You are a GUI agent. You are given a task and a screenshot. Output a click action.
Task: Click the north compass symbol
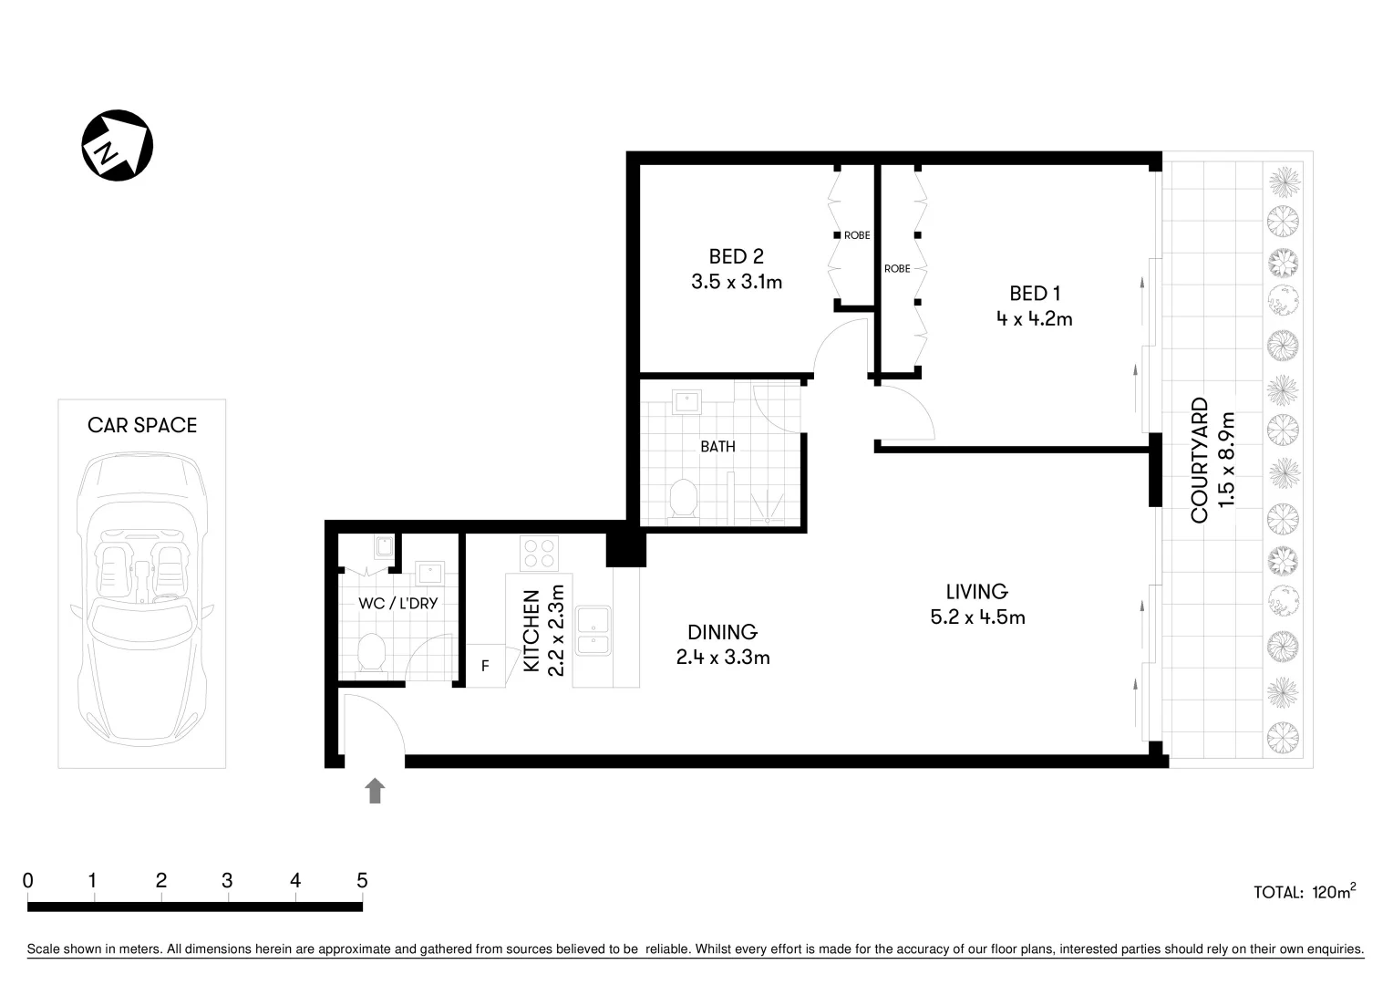117,146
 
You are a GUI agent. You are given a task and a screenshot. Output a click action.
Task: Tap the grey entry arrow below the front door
375,791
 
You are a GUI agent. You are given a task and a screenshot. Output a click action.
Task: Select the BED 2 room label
736,256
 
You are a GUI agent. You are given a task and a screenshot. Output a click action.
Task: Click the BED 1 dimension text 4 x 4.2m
1034,319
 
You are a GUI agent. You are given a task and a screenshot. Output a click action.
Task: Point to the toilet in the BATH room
683,499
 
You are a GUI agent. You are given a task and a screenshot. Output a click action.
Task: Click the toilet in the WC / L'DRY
371,653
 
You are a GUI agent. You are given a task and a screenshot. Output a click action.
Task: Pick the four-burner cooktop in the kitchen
539,554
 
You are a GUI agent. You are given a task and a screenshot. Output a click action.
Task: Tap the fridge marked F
485,666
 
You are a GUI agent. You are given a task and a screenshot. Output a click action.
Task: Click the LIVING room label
976,591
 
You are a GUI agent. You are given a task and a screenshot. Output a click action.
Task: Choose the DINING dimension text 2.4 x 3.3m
723,658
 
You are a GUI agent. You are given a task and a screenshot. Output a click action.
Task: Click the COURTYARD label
1200,460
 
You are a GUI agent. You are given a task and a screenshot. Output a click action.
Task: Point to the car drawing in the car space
141,593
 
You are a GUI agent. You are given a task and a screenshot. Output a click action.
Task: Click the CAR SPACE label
142,425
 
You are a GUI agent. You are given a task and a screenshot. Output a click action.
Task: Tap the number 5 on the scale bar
362,880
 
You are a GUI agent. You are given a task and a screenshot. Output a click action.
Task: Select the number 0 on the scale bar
28,880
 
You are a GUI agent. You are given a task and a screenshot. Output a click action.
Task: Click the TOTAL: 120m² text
1304,891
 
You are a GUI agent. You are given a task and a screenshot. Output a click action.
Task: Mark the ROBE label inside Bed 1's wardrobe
897,269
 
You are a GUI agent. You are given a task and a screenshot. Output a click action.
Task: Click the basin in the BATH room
685,401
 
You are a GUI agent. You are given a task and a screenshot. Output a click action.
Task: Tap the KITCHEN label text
532,631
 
